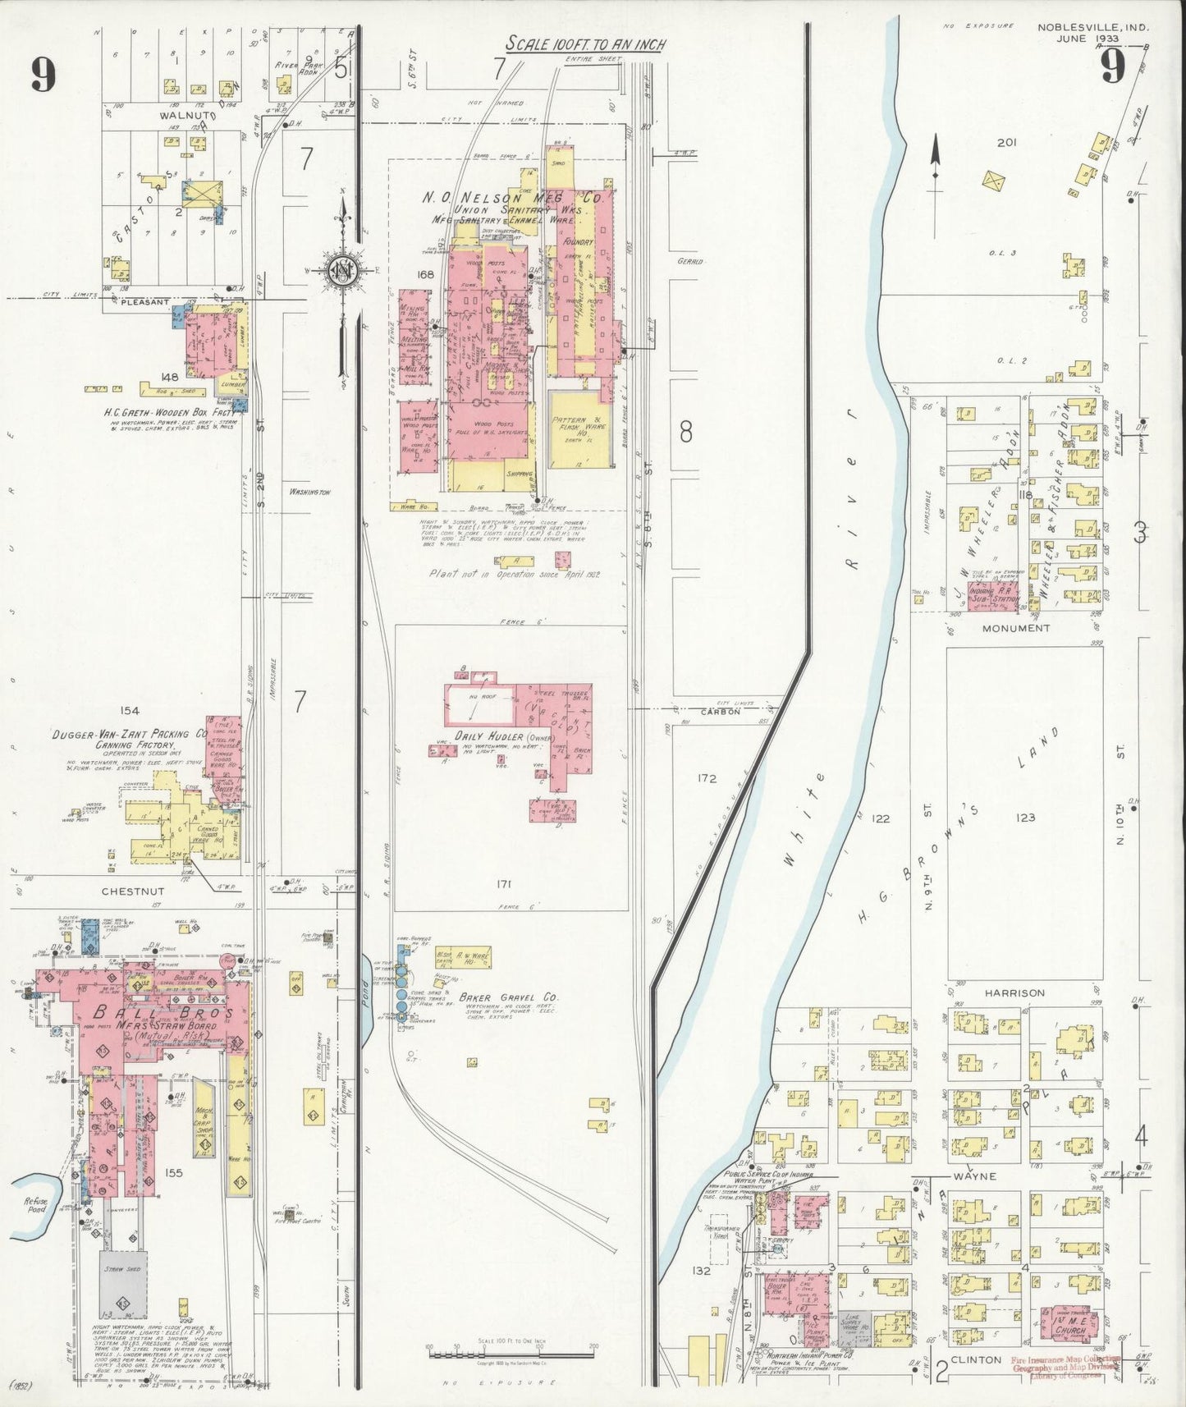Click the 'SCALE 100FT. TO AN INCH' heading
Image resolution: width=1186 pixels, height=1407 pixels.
click(x=585, y=44)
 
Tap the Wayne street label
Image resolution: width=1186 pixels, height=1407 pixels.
click(x=975, y=1176)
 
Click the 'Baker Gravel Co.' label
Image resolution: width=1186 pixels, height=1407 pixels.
click(x=510, y=998)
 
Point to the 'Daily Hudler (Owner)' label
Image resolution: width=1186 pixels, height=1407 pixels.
click(x=501, y=738)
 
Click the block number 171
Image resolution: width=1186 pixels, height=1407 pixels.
click(x=504, y=884)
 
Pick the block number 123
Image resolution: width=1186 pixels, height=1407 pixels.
click(x=1025, y=817)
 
